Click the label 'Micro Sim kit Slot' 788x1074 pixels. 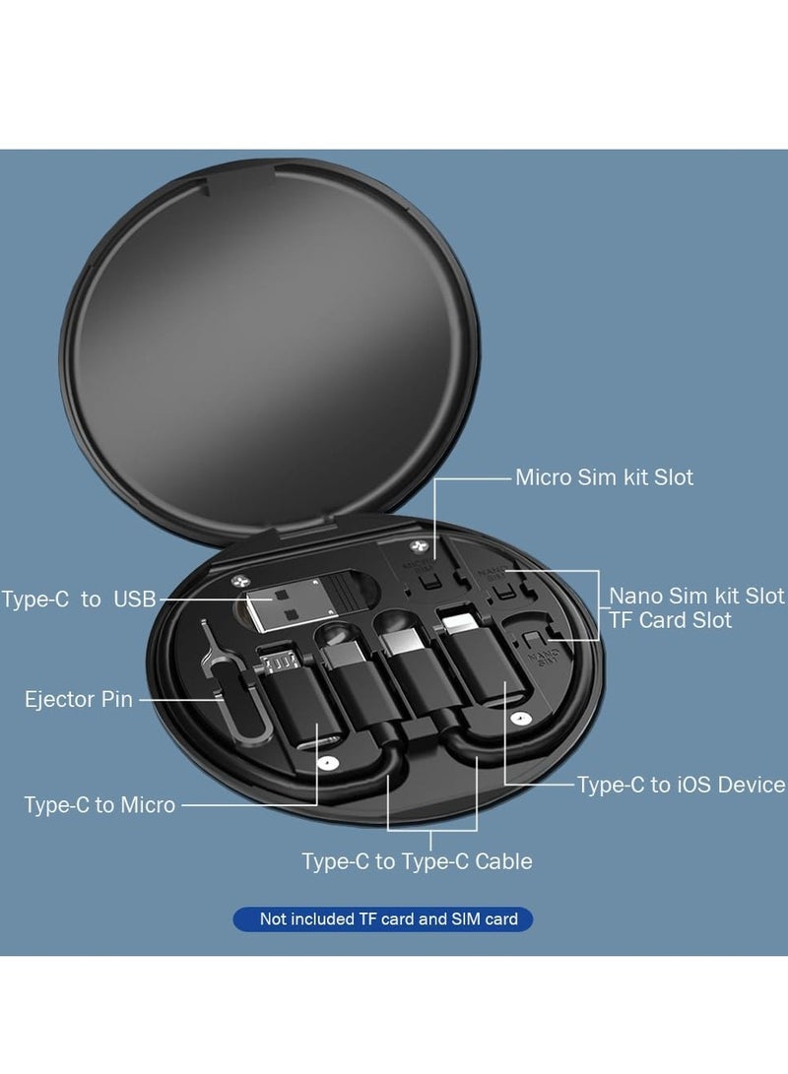click(604, 477)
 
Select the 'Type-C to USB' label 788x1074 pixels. click(79, 599)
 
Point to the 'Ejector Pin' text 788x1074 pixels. click(76, 700)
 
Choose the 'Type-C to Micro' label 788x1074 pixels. click(99, 805)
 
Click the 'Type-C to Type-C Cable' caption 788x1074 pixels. click(417, 861)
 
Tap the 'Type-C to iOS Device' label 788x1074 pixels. click(681, 785)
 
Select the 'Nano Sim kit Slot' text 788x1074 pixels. click(696, 596)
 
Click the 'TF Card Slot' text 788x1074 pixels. click(670, 620)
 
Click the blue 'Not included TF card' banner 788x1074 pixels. click(388, 919)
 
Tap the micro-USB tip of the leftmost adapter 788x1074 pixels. click(281, 659)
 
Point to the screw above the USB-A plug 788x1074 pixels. click(239, 582)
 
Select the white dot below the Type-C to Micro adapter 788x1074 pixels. click(329, 763)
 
